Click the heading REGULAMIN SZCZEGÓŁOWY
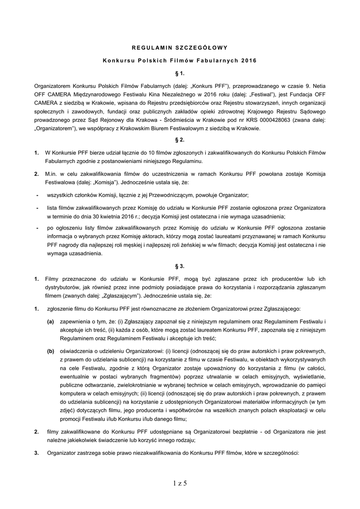180,48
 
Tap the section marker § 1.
180,73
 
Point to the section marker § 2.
180,140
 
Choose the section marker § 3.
180,266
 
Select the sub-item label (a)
51,322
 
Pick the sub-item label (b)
51,350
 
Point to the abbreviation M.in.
52,174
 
